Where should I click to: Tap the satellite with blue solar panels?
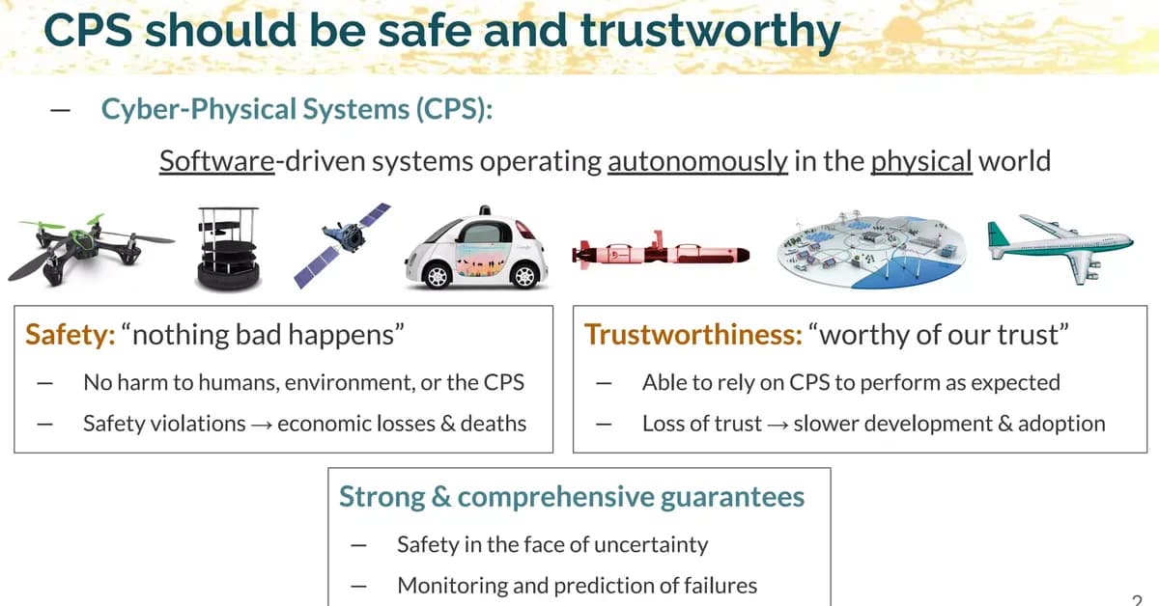click(x=354, y=243)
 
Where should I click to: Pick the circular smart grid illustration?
click(x=869, y=249)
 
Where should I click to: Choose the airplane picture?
click(x=1060, y=245)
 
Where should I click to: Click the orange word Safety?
click(x=71, y=334)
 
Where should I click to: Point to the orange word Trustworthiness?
click(x=693, y=334)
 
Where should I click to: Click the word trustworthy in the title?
click(x=709, y=31)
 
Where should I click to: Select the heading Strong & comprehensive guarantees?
click(x=571, y=497)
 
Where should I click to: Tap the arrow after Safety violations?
click(x=261, y=424)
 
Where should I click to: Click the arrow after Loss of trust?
click(x=777, y=424)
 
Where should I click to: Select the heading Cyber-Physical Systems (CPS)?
click(x=297, y=108)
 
